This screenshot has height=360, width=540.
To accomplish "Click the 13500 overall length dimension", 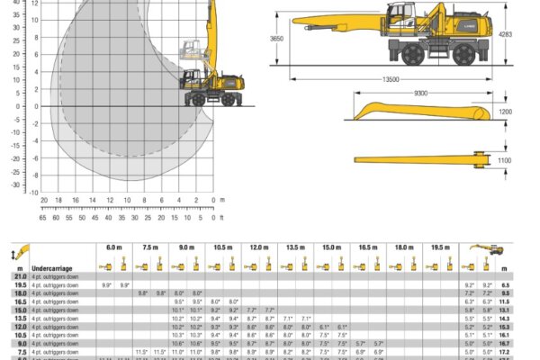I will pos(391,79).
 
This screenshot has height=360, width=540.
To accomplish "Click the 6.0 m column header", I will pos(114,247).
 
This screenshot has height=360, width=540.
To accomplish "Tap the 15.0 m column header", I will pos(332,247).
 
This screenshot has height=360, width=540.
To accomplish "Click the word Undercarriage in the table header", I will pos(52,268).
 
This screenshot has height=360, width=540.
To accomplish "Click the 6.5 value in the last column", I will pos(505,284).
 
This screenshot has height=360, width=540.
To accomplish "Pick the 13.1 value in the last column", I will pos(505,310).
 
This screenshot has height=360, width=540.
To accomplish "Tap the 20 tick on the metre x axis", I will pos(44,200).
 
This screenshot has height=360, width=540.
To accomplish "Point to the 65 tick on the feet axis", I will pos(44,218).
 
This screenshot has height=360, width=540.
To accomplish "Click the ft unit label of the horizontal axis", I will pos(221,218).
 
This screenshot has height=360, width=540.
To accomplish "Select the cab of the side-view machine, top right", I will pos(400,19).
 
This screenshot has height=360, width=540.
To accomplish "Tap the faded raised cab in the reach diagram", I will pos(191,49).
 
